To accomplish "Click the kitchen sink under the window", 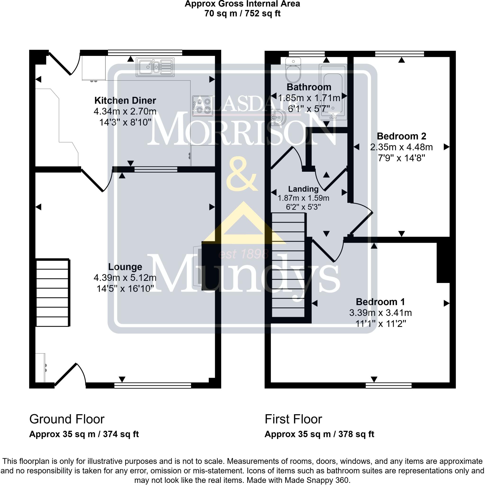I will click(x=155, y=67).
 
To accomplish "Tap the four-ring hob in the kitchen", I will click(x=202, y=106).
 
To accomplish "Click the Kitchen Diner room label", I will click(x=125, y=100).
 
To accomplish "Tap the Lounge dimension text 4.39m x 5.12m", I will click(x=125, y=278).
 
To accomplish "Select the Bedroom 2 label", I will click(x=401, y=136).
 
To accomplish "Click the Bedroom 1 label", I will click(x=380, y=302).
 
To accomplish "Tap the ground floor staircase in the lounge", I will click(x=53, y=293).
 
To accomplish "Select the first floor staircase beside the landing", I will click(x=288, y=265).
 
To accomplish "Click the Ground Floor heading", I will click(x=67, y=419).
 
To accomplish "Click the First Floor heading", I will click(x=293, y=419).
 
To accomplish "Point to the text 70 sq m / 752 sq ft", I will click(x=242, y=13).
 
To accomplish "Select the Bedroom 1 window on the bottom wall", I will click(x=388, y=386).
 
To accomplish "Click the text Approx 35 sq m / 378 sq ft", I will click(x=319, y=434).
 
